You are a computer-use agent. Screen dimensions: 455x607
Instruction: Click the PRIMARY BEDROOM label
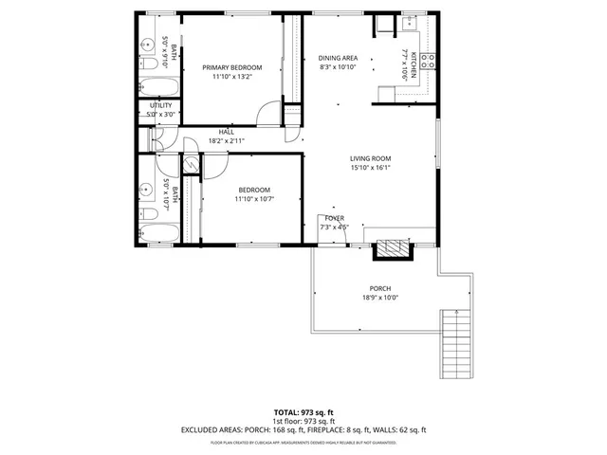click(231, 67)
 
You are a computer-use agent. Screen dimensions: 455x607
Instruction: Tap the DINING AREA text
click(337, 58)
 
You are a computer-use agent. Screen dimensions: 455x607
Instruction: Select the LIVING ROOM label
click(370, 158)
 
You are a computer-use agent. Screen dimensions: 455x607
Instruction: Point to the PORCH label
click(379, 288)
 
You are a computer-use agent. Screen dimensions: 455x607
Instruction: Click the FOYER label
click(334, 218)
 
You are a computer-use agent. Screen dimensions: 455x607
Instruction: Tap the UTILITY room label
click(159, 105)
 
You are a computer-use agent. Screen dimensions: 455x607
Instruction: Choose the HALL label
click(227, 132)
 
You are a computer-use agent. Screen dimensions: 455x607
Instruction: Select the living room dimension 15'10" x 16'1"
click(370, 168)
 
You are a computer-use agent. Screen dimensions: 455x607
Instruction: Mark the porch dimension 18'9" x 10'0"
click(379, 298)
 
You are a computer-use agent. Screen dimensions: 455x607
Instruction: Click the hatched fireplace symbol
click(393, 250)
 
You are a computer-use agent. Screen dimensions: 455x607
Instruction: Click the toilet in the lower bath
click(148, 214)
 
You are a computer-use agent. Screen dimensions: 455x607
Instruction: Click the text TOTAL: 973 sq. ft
click(303, 412)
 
